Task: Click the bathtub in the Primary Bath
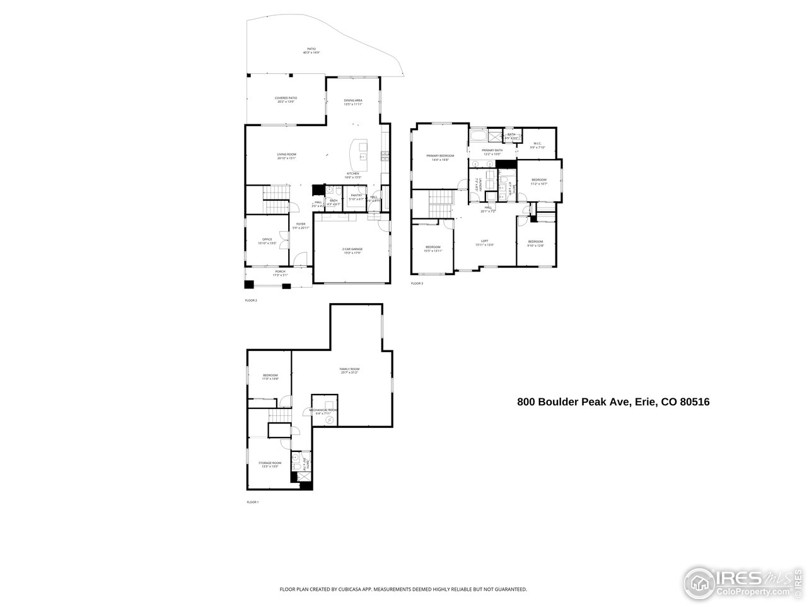tap(477, 136)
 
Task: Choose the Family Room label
tap(349, 371)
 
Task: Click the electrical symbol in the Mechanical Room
tap(328, 419)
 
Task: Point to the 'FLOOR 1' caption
tap(252, 502)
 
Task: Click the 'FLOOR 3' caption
tap(417, 284)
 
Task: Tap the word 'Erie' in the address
tap(645, 401)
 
